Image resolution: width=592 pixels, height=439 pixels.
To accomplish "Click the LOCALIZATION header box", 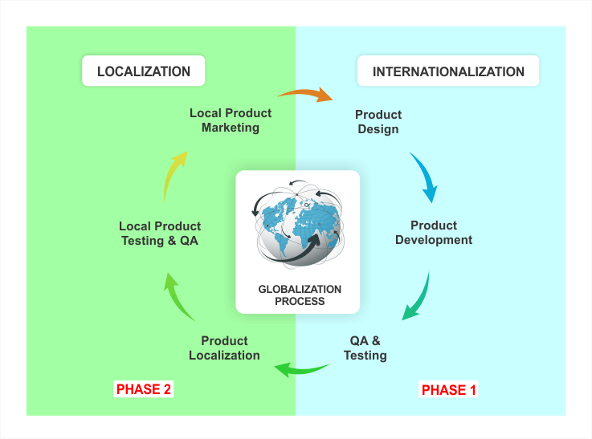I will click(144, 71).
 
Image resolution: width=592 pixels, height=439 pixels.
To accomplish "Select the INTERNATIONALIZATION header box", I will click(448, 71).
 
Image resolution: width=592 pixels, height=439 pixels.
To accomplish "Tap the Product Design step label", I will click(378, 122).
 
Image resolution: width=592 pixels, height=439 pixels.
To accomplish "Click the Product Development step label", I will click(434, 233).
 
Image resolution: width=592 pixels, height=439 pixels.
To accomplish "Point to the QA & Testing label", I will click(365, 348).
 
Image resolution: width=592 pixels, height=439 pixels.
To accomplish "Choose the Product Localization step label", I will click(224, 348).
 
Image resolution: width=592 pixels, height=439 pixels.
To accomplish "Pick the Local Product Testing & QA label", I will click(160, 234).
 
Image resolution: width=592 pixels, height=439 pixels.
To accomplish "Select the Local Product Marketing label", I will click(231, 120).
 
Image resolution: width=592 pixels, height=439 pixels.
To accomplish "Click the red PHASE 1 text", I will click(449, 390).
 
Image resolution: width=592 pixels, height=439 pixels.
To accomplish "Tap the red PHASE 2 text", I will click(145, 389).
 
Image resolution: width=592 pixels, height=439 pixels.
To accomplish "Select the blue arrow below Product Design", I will click(424, 177).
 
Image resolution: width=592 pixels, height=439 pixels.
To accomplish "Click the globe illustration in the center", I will click(297, 225).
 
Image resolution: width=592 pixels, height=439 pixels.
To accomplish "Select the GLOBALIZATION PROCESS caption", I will click(300, 295).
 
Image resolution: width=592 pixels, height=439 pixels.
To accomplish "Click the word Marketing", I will click(231, 128).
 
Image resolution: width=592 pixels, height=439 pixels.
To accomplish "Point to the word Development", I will click(434, 240).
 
